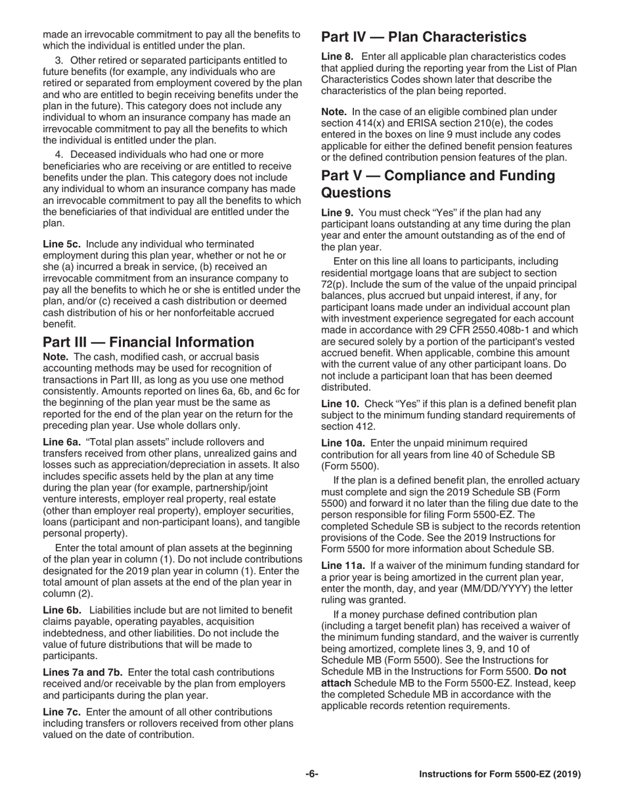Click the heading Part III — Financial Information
tap(148, 342)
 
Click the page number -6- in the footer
tap(311, 775)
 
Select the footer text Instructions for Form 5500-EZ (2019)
tap(500, 775)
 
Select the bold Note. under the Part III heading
tap(56, 356)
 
